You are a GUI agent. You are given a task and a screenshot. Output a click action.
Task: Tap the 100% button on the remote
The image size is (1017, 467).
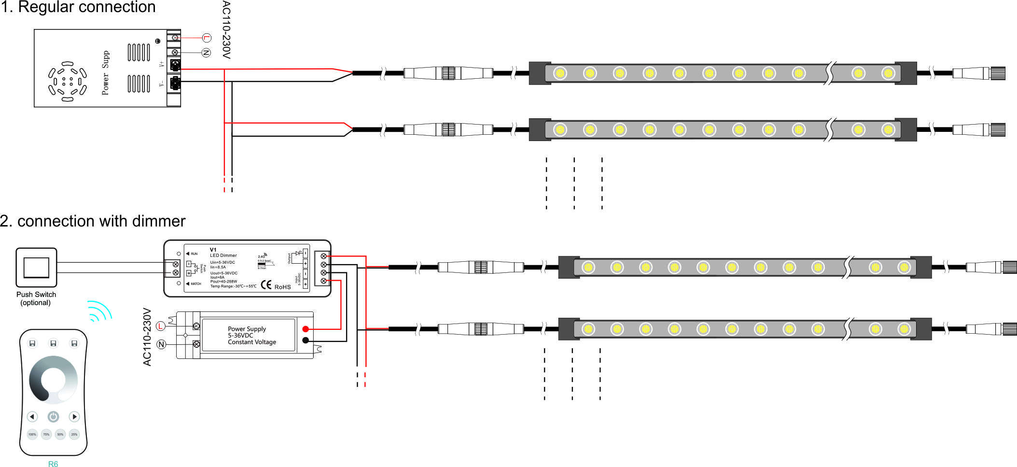click(32, 434)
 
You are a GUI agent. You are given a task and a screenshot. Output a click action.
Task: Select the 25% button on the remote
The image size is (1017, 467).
click(74, 434)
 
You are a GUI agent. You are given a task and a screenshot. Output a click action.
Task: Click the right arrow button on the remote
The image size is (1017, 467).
click(74, 416)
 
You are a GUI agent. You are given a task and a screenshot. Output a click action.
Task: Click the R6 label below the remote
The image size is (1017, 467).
click(53, 464)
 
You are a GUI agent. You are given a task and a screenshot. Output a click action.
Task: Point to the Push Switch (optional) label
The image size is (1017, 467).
click(36, 298)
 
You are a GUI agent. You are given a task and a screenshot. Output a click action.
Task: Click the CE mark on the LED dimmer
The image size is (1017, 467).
click(266, 285)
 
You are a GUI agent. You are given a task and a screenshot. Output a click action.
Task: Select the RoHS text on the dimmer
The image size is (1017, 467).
click(283, 287)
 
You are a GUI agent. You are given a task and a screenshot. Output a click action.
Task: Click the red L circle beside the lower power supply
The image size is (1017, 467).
click(161, 326)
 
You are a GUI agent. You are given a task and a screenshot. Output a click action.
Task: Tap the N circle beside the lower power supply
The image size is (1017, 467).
click(161, 344)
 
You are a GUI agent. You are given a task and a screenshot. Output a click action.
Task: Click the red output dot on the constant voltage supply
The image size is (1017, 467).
click(306, 329)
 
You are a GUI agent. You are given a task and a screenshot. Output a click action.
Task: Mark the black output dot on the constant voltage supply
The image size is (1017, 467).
click(306, 340)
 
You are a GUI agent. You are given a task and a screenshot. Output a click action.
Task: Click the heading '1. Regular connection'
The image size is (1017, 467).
click(78, 7)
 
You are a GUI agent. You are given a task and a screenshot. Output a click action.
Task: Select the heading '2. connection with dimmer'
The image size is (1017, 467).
click(93, 221)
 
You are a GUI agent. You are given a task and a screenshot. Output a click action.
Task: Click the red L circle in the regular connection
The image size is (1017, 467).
click(207, 38)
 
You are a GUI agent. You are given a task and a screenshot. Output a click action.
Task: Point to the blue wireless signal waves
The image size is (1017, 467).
click(99, 311)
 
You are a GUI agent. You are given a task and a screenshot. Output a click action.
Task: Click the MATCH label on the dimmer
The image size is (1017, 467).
click(195, 284)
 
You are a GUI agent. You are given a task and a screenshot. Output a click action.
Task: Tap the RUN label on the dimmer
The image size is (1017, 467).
click(194, 254)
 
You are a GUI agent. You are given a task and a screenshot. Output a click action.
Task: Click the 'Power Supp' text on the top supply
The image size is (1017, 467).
click(106, 72)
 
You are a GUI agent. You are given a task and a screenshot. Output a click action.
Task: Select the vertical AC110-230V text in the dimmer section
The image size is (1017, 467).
click(147, 337)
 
